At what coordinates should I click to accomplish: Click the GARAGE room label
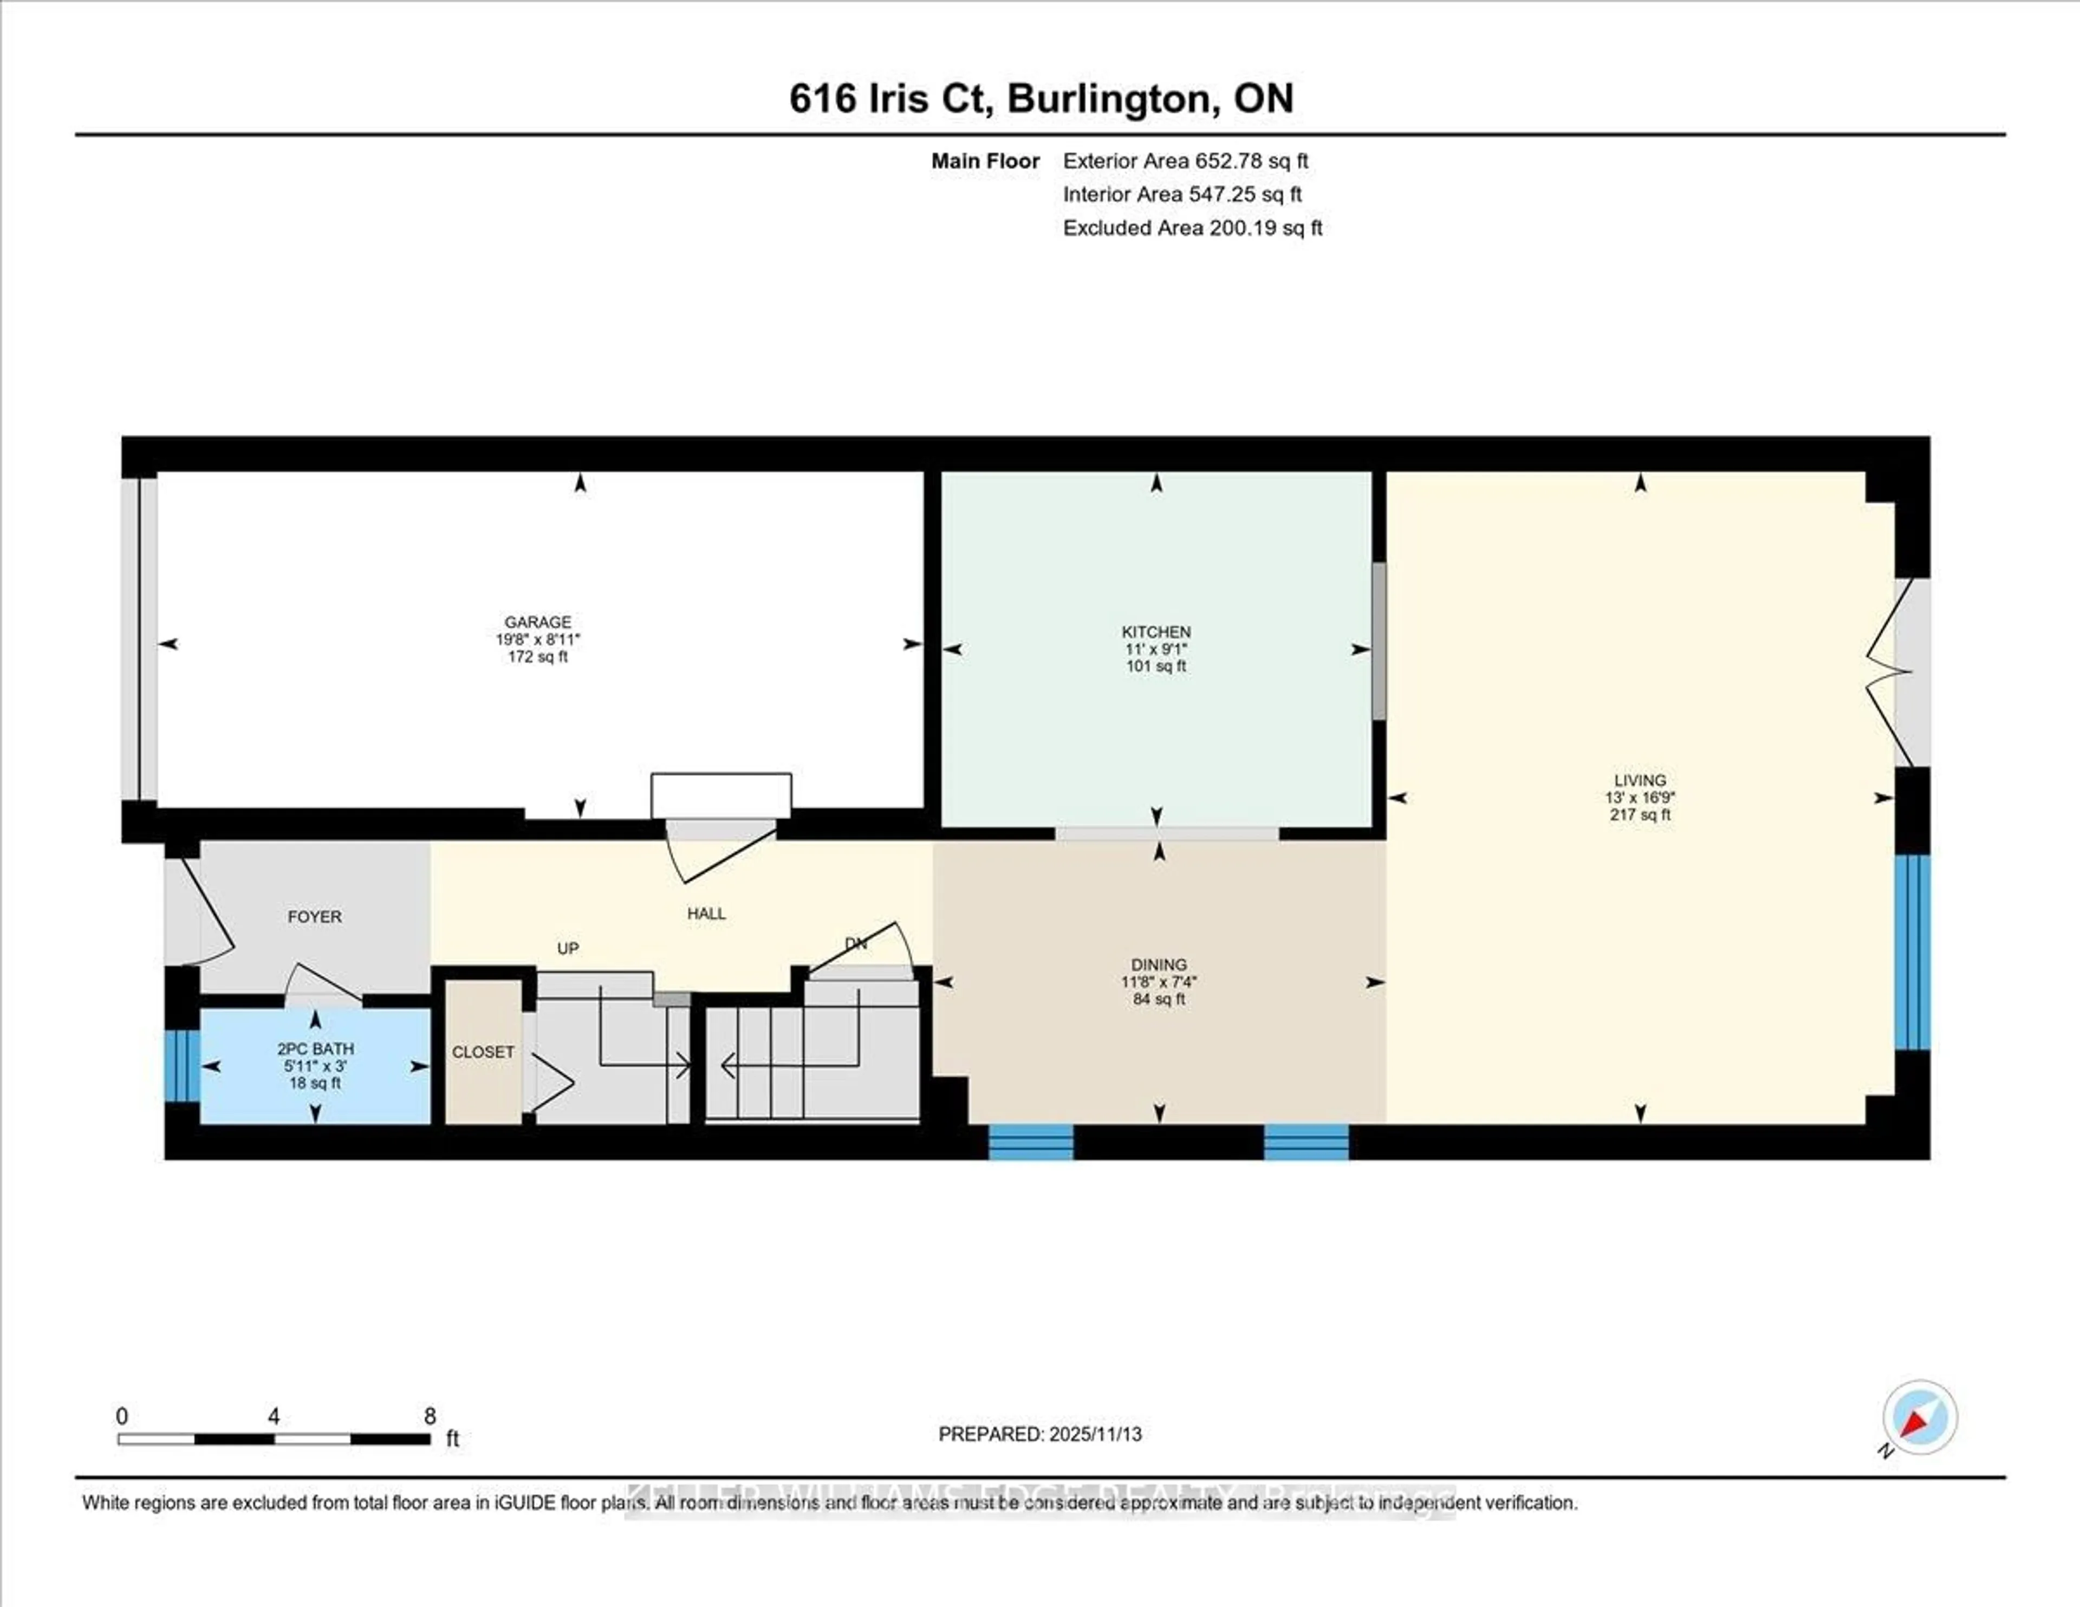click(538, 622)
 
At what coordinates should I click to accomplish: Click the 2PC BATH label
click(315, 1049)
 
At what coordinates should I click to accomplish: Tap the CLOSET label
click(483, 1052)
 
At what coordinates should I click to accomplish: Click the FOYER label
click(314, 916)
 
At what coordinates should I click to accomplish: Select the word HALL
click(707, 913)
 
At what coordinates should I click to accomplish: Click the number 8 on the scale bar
click(430, 1416)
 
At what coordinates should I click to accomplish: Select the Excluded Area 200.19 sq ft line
click(1192, 228)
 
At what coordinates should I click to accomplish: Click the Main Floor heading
click(985, 161)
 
